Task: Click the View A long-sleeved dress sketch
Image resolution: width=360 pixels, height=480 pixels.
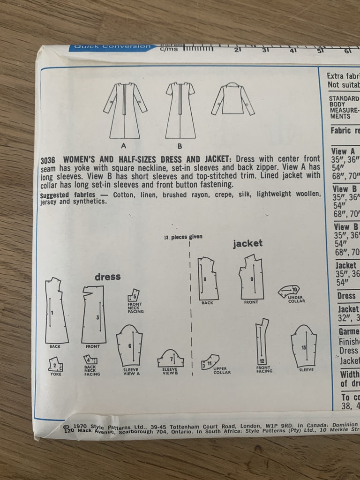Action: (x=124, y=107)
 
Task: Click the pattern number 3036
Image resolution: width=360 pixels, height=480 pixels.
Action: (x=49, y=159)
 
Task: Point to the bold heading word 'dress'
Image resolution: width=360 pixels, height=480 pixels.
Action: (x=107, y=277)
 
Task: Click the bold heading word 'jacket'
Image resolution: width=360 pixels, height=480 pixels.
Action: (x=247, y=243)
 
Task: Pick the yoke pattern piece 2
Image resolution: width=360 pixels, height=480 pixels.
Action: (x=56, y=364)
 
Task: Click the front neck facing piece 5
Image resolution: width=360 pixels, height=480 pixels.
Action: (x=135, y=296)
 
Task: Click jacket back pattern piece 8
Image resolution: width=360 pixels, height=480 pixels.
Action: (x=208, y=278)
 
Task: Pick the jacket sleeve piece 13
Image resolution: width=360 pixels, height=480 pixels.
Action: (x=303, y=347)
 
